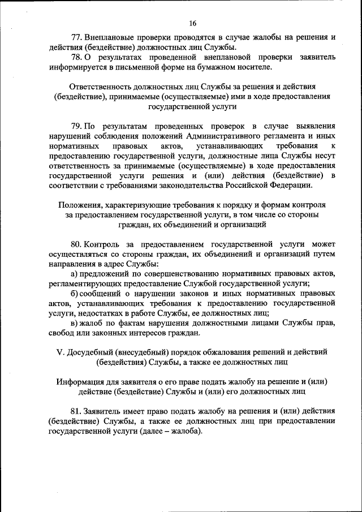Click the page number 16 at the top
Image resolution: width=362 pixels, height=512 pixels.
tap(192, 23)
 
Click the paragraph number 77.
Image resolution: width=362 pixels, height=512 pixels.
tap(76, 38)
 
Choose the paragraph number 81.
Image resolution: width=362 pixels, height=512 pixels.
tap(76, 410)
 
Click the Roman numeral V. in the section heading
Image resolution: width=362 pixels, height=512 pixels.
tap(61, 351)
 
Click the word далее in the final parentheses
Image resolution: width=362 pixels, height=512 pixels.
tap(143, 430)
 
